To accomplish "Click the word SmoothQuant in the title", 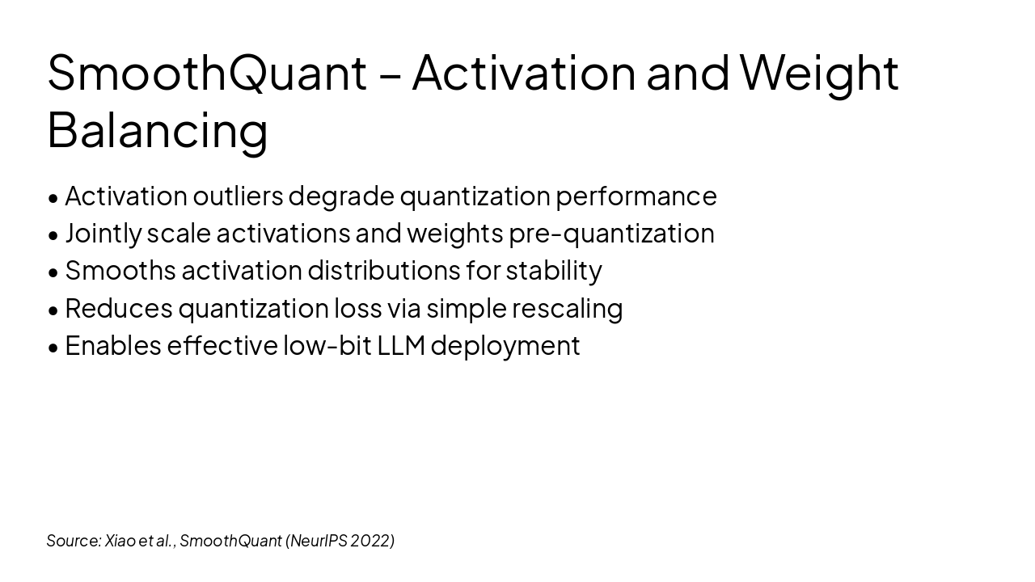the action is [x=208, y=73].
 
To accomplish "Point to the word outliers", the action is [x=238, y=196].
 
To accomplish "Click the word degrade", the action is [x=341, y=196].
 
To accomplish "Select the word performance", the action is [x=636, y=196].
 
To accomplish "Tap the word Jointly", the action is [x=103, y=234].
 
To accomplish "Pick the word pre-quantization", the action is [x=612, y=234].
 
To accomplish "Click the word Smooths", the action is [x=120, y=270].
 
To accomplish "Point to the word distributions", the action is [x=384, y=270].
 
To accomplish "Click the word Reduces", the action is [x=119, y=308].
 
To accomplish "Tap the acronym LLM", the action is [x=401, y=345].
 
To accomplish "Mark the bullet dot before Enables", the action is [x=53, y=348].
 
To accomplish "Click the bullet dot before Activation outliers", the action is [x=53, y=199].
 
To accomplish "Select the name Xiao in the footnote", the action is [x=119, y=541].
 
